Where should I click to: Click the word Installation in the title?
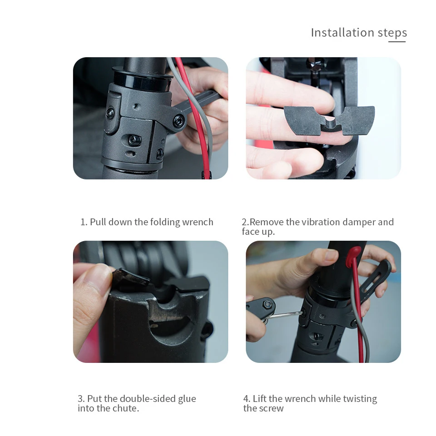pos(342,32)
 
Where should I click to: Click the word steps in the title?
pos(392,33)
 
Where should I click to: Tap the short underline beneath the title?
pos(397,42)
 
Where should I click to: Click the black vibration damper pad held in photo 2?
pos(329,121)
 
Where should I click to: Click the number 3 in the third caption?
pos(81,399)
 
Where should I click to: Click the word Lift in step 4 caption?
pos(259,399)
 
